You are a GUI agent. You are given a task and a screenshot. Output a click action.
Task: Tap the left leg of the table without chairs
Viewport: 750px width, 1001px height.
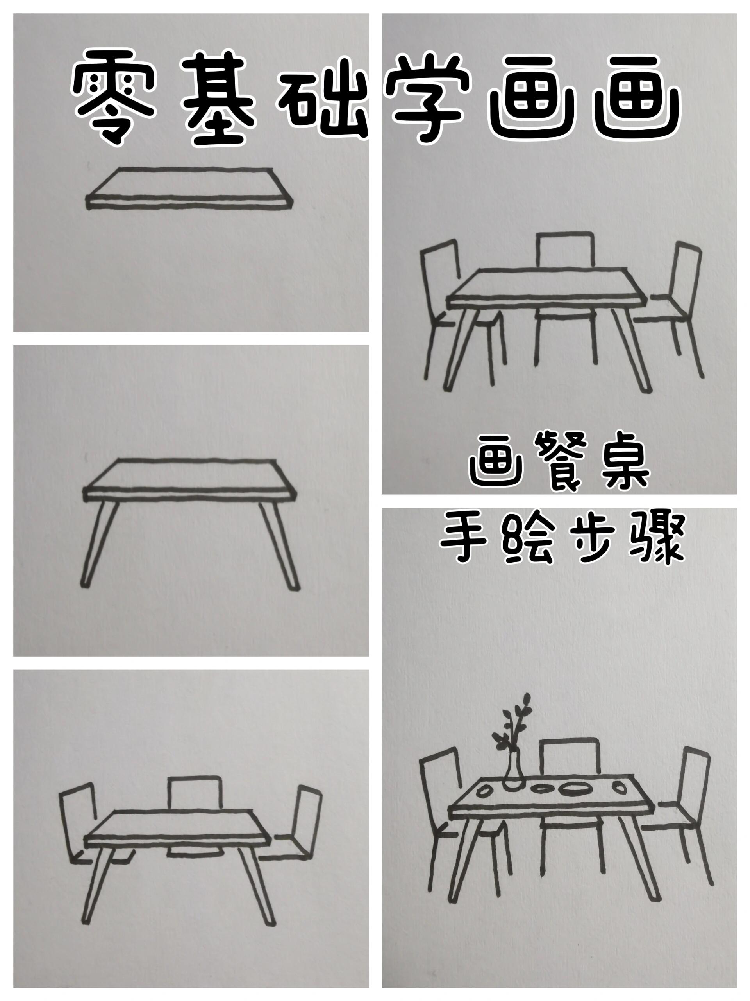click(x=100, y=543)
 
